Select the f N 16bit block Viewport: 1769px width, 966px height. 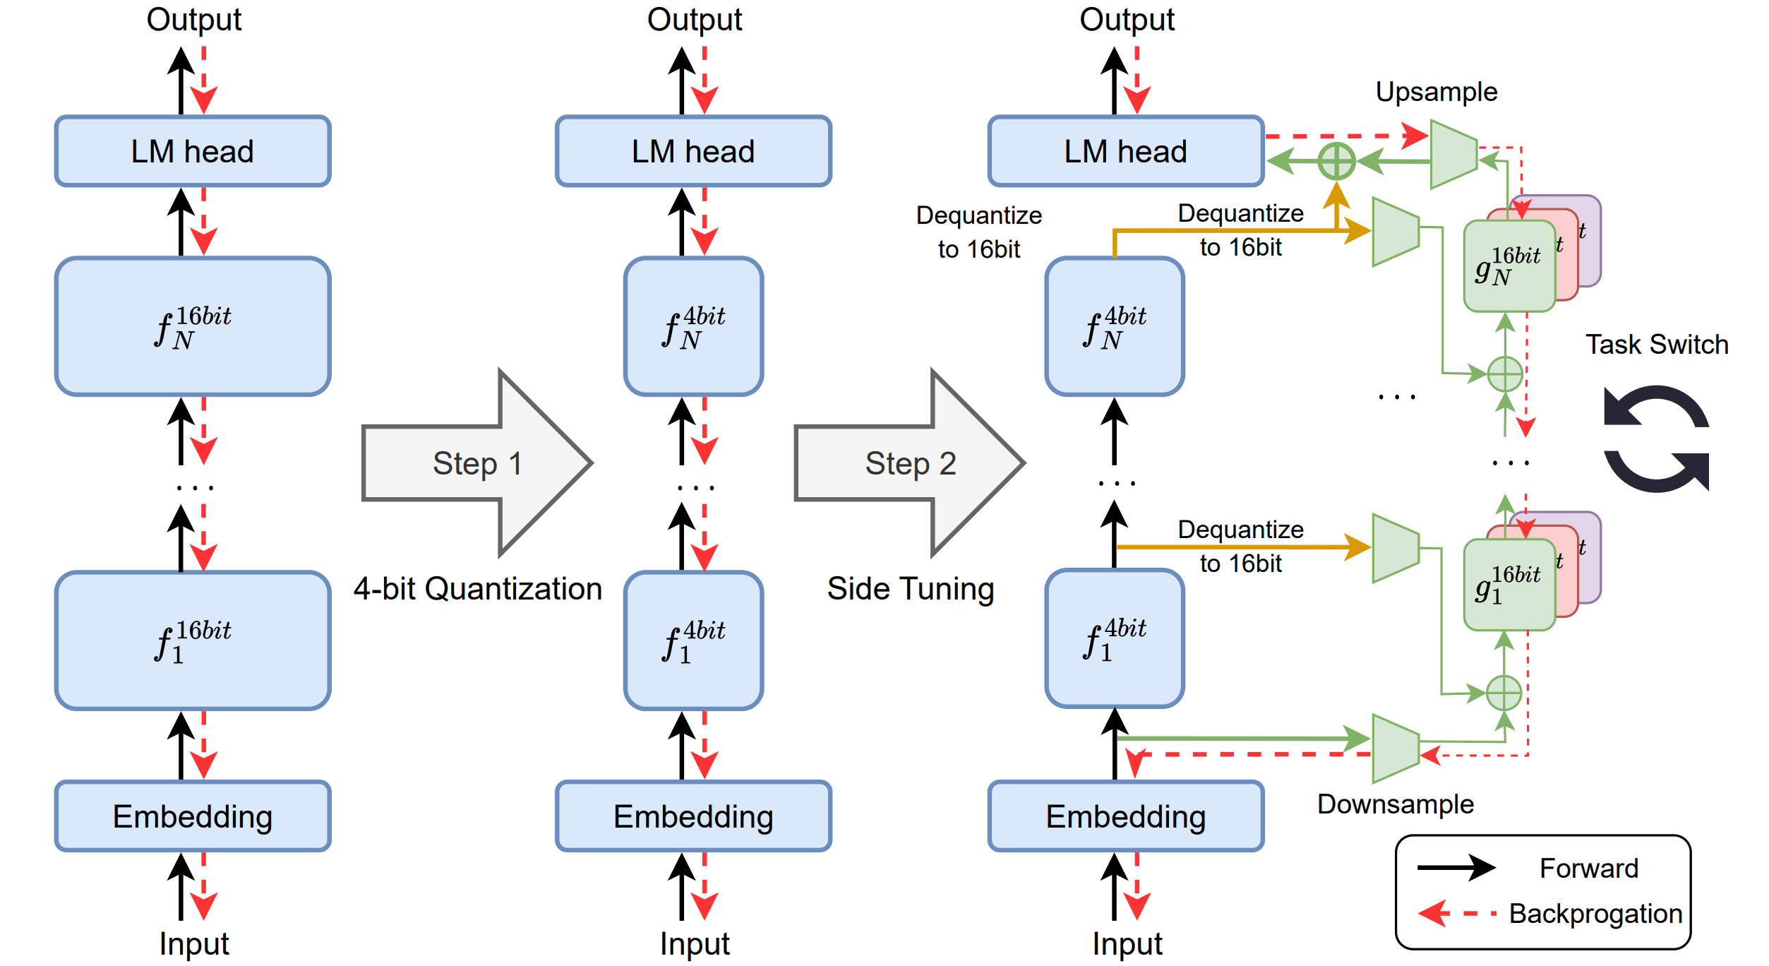(193, 326)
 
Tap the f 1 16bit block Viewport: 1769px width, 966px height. (193, 640)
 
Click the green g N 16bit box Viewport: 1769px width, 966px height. (1509, 266)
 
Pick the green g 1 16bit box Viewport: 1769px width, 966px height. (1509, 585)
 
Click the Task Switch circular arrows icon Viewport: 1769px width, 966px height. (1656, 438)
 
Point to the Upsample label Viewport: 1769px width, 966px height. (1436, 92)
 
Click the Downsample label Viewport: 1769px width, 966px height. (1395, 804)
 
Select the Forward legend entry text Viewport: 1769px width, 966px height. (1588, 868)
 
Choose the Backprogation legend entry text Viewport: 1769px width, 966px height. (1595, 913)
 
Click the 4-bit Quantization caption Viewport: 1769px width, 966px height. (478, 588)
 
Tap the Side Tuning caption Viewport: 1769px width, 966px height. (911, 588)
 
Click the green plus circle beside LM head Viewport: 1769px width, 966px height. (1336, 161)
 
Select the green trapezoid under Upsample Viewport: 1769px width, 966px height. (1453, 154)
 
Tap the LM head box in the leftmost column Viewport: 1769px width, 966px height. (193, 151)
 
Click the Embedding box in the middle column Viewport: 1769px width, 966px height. (693, 816)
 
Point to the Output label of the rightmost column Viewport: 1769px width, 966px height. (1127, 19)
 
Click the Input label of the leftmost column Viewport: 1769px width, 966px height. (194, 943)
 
